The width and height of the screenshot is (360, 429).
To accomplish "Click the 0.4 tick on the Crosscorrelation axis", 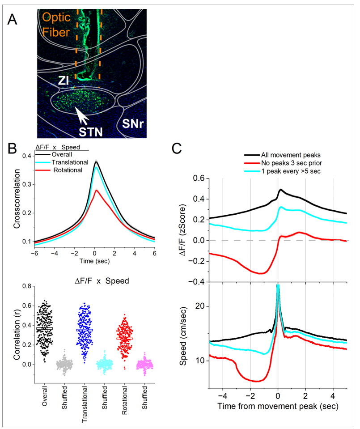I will pyautogui.click(x=27, y=156).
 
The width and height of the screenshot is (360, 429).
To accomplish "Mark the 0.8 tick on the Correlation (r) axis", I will pyautogui.click(x=27, y=285).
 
